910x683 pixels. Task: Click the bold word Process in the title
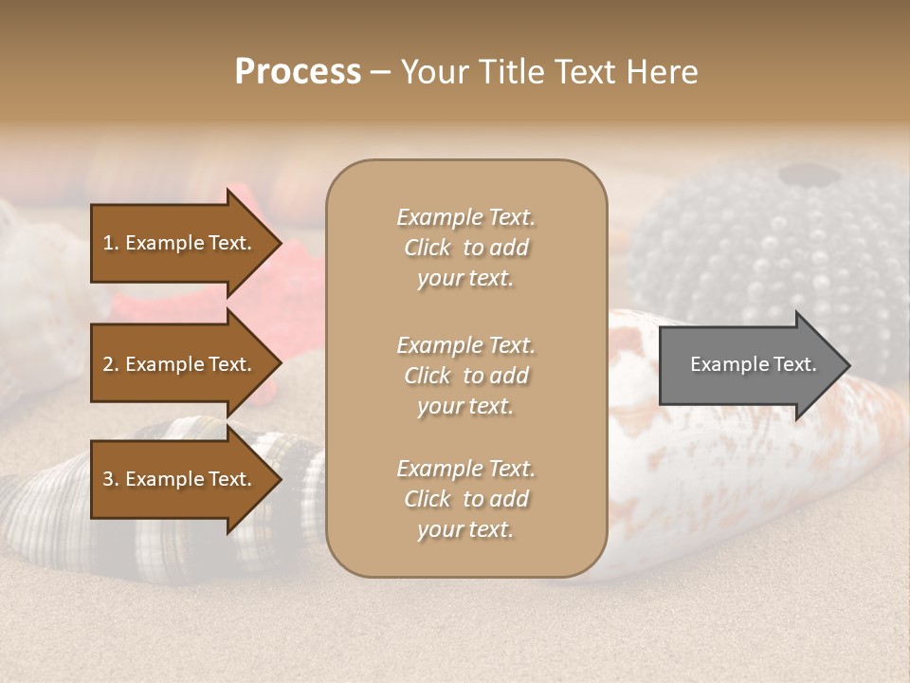298,72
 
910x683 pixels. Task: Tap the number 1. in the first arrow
111,243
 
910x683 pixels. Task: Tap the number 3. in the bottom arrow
111,479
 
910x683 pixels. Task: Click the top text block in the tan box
465,248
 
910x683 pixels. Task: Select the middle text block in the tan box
465,376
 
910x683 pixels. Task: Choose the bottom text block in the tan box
465,499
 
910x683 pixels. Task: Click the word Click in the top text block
428,248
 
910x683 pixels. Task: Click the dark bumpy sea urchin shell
758,247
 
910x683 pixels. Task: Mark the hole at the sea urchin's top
806,175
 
